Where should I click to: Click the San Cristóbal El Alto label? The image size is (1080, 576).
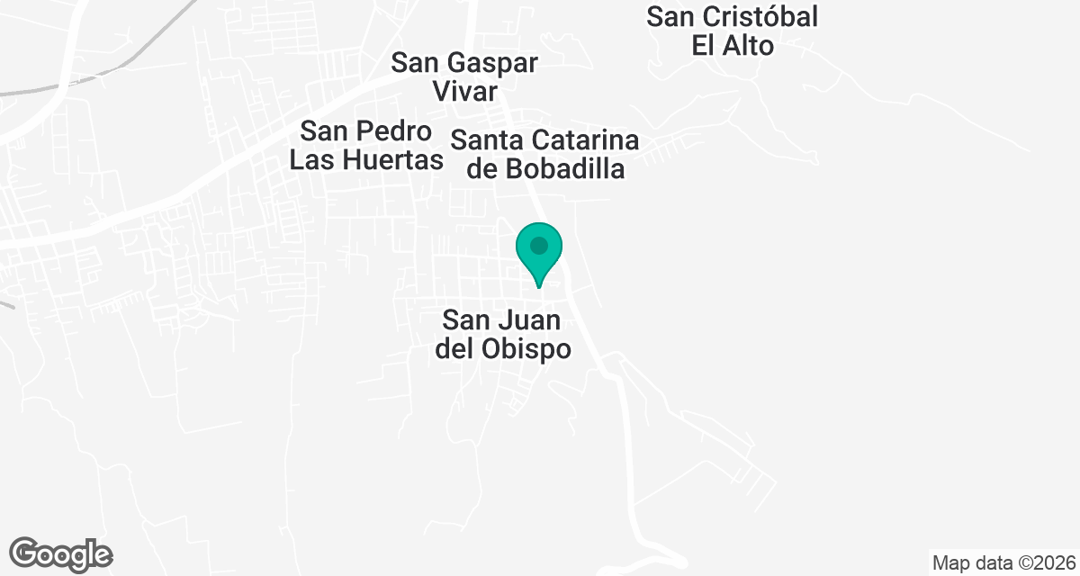pyautogui.click(x=733, y=31)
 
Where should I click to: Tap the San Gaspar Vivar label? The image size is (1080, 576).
pyautogui.click(x=464, y=77)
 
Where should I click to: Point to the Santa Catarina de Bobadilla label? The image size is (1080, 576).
pyautogui.click(x=545, y=155)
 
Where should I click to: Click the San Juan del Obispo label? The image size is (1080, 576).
pyautogui.click(x=503, y=335)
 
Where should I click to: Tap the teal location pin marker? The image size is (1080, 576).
pyautogui.click(x=539, y=252)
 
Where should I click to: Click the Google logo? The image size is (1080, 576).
pyautogui.click(x=61, y=553)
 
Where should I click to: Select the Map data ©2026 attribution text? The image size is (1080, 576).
pyautogui.click(x=1003, y=563)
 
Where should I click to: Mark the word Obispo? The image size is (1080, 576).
pyautogui.click(x=531, y=349)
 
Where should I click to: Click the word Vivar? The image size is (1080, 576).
pyautogui.click(x=464, y=92)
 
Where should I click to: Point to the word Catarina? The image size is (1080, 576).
pyautogui.click(x=585, y=140)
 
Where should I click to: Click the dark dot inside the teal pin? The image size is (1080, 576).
pyautogui.click(x=539, y=245)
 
